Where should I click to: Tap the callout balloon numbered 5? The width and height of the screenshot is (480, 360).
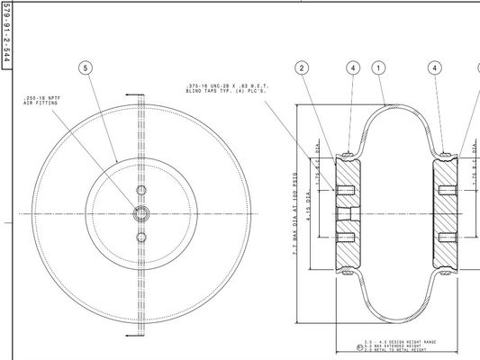pos(86,67)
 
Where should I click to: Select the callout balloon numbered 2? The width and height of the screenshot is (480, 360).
pos(303,67)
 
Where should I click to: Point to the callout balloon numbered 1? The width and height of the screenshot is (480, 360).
pos(379,67)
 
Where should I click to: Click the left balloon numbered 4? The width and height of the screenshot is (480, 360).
pos(353,67)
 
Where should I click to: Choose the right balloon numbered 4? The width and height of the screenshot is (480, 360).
pos(435,67)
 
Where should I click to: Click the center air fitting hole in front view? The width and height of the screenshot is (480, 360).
pos(140,213)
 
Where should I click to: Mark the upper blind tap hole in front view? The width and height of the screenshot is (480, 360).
pos(140,191)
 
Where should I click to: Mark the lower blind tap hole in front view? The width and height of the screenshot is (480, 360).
pos(140,237)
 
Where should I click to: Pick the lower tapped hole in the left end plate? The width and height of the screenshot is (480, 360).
pos(347,238)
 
